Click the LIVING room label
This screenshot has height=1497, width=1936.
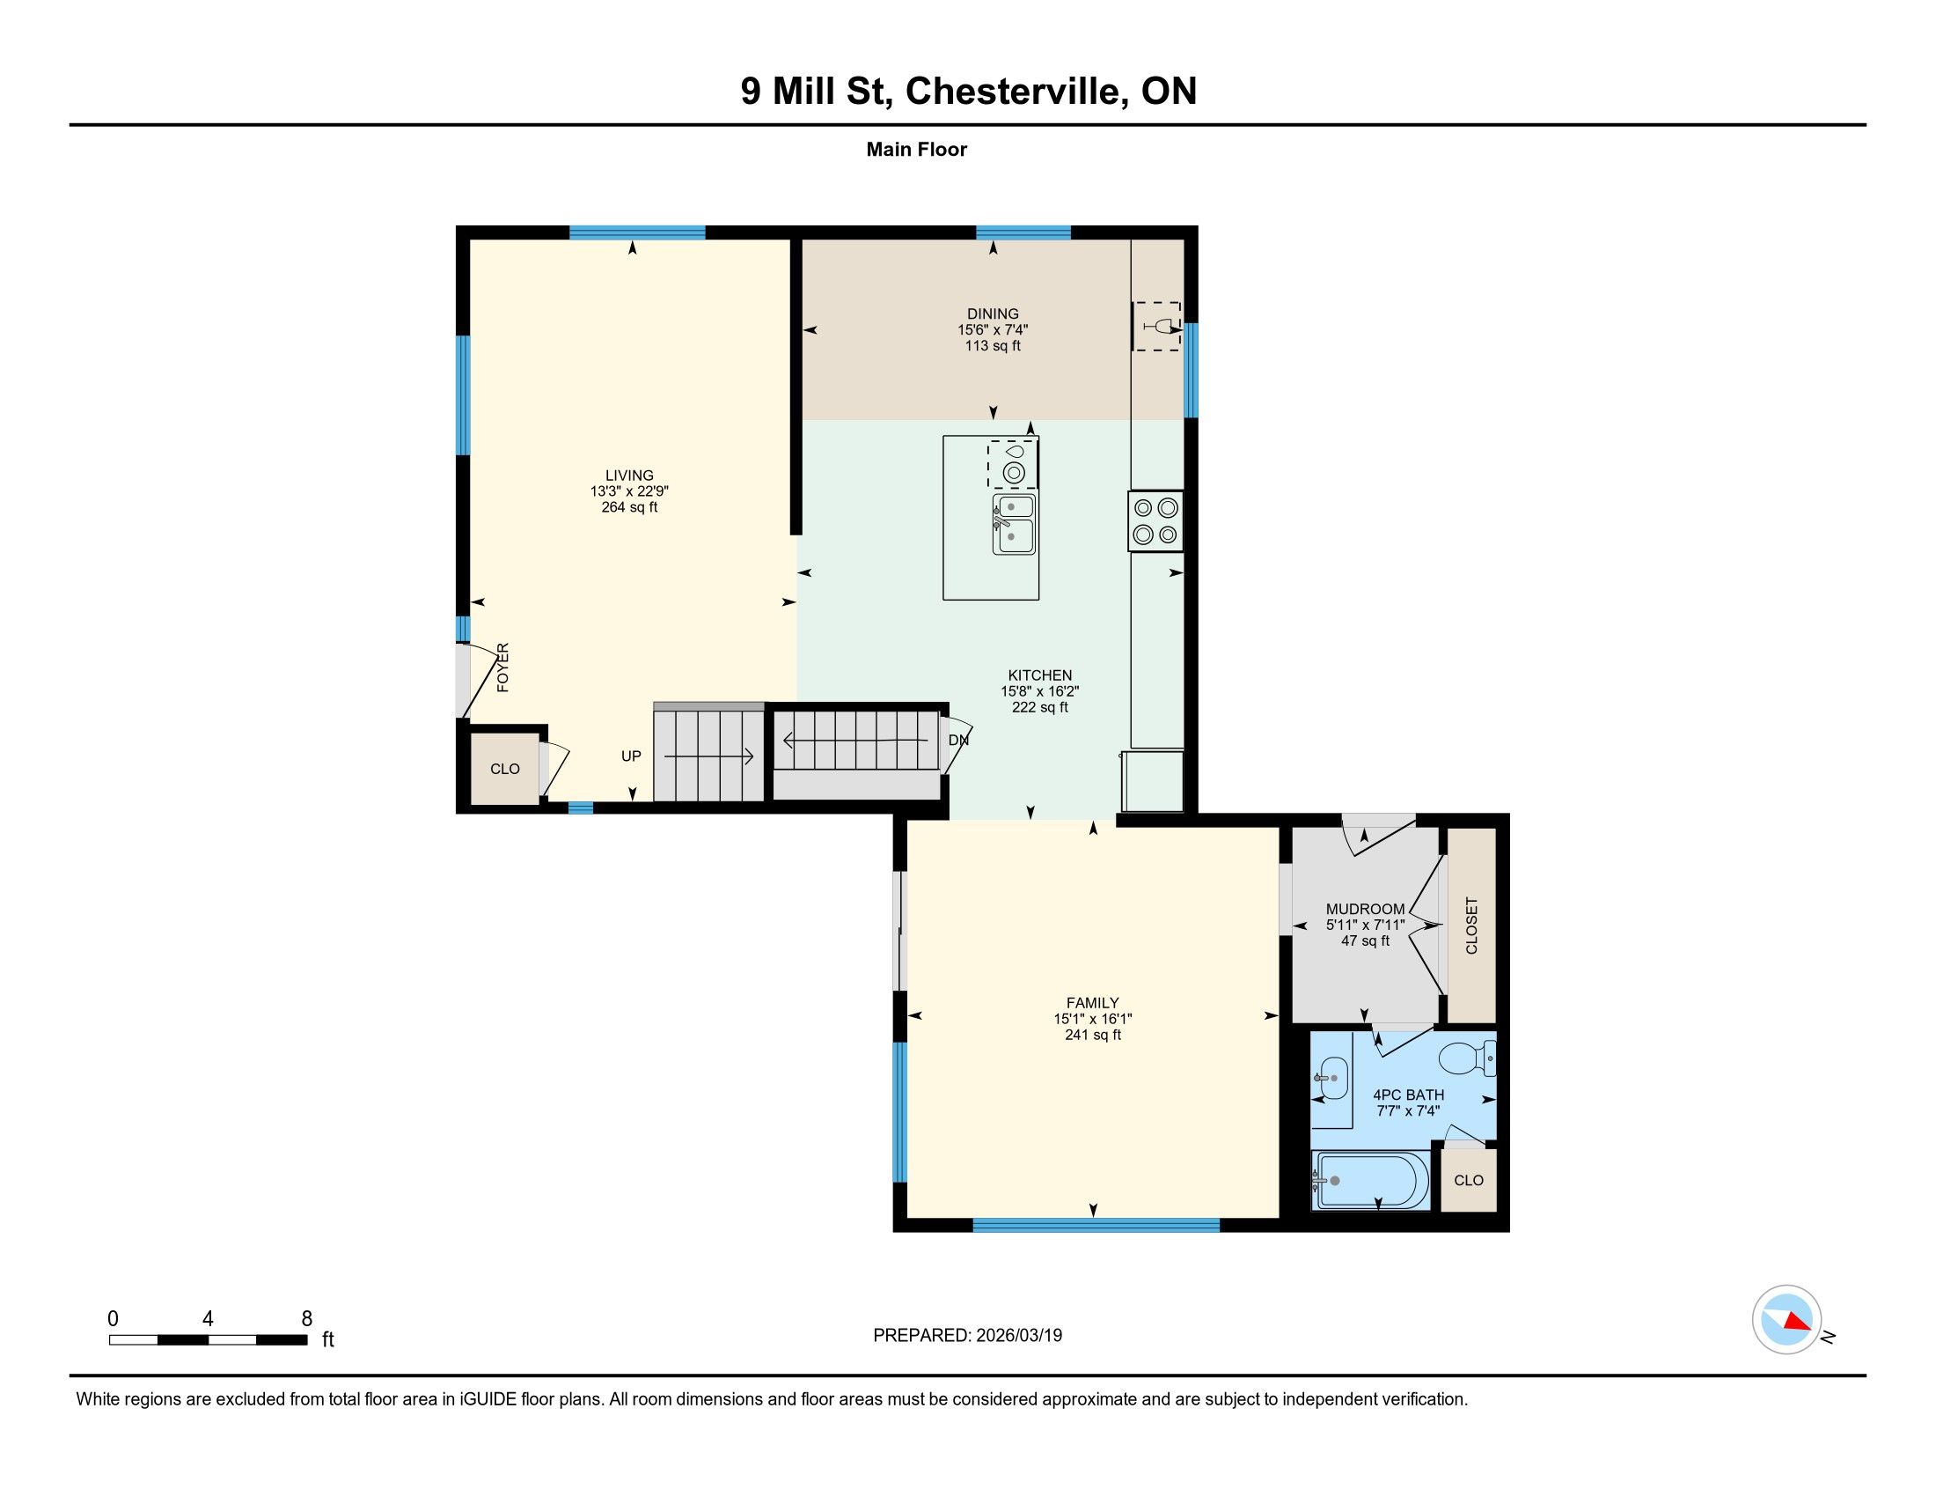629,476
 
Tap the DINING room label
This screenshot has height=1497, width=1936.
993,314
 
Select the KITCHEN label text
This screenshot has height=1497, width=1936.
1040,675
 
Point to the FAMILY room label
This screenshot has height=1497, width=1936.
1093,1003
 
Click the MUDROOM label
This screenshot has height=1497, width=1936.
1365,909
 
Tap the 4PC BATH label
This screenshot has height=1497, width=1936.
1409,1095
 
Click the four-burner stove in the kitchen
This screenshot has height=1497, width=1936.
1156,521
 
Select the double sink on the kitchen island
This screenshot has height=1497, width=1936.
1014,524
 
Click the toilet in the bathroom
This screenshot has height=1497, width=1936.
1467,1058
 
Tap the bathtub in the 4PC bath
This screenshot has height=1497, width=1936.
1370,1180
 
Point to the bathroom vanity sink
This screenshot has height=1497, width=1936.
1331,1080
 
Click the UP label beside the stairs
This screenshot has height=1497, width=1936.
631,756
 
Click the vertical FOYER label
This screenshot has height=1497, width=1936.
502,667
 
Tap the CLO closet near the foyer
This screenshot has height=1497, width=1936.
505,769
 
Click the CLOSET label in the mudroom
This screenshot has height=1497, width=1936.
1472,925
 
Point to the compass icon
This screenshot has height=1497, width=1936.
1787,1320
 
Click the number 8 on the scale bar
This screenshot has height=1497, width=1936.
307,1319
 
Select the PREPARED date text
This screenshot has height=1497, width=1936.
967,1335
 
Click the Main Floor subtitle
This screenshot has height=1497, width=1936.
917,150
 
